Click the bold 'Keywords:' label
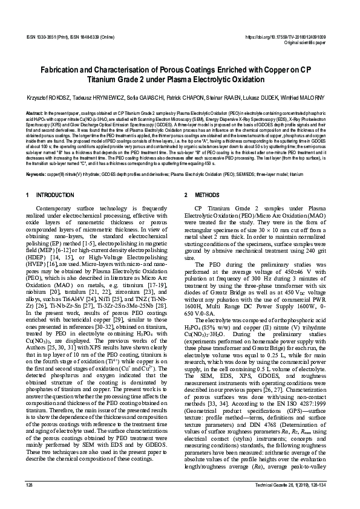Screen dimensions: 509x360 [37, 175]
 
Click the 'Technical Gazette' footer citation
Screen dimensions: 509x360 [293, 502]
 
